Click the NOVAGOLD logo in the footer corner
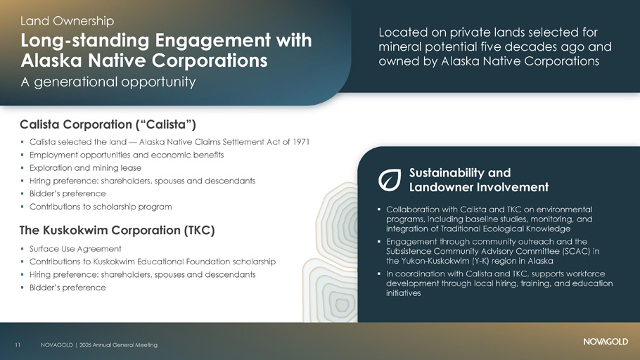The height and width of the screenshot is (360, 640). pyautogui.click(x=606, y=341)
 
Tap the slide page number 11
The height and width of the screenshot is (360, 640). pyautogui.click(x=18, y=345)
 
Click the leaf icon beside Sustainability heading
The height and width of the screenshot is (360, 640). pyautogui.click(x=390, y=180)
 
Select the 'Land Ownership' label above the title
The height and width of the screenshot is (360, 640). pyautogui.click(x=68, y=21)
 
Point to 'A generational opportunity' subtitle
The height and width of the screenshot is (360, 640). pyautogui.click(x=108, y=82)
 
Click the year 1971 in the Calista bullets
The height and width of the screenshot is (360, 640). pyautogui.click(x=301, y=141)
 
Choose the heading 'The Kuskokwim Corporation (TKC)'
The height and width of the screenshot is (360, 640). pyautogui.click(x=117, y=230)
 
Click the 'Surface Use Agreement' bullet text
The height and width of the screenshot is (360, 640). pyautogui.click(x=75, y=249)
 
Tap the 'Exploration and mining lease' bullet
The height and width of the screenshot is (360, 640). pyautogui.click(x=85, y=168)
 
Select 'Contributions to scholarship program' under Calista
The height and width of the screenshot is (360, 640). pyautogui.click(x=101, y=207)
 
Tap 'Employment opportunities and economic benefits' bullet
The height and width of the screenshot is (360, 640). pyautogui.click(x=127, y=155)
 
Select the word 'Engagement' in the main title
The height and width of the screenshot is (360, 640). pyautogui.click(x=212, y=41)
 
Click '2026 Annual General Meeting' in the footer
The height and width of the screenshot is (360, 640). pyautogui.click(x=118, y=345)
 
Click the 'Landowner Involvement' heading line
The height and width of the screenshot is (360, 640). pyautogui.click(x=479, y=187)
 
